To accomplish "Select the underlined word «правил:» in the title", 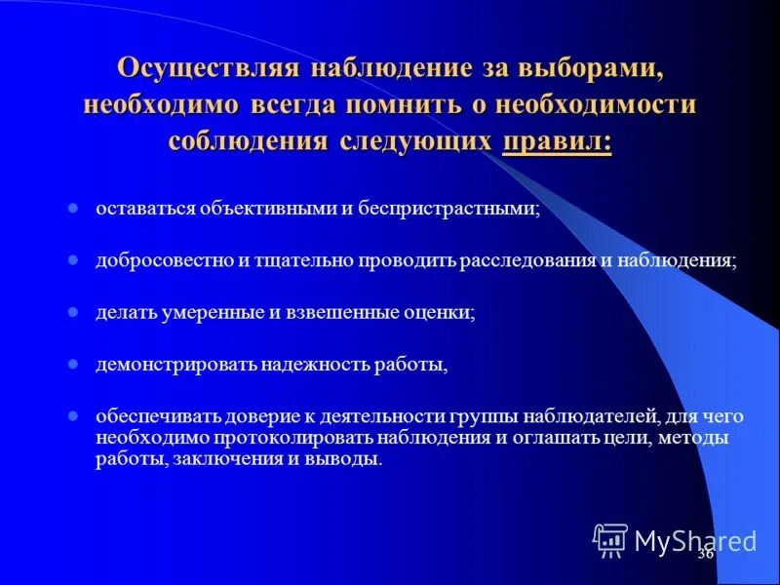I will pyautogui.click(x=558, y=140).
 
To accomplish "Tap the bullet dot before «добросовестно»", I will pyautogui.click(x=73, y=261).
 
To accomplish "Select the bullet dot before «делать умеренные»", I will pyautogui.click(x=73, y=313).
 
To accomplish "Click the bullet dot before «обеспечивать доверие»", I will pyautogui.click(x=73, y=417).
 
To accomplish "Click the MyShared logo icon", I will pyautogui.click(x=610, y=539).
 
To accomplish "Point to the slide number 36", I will pyautogui.click(x=705, y=554).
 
